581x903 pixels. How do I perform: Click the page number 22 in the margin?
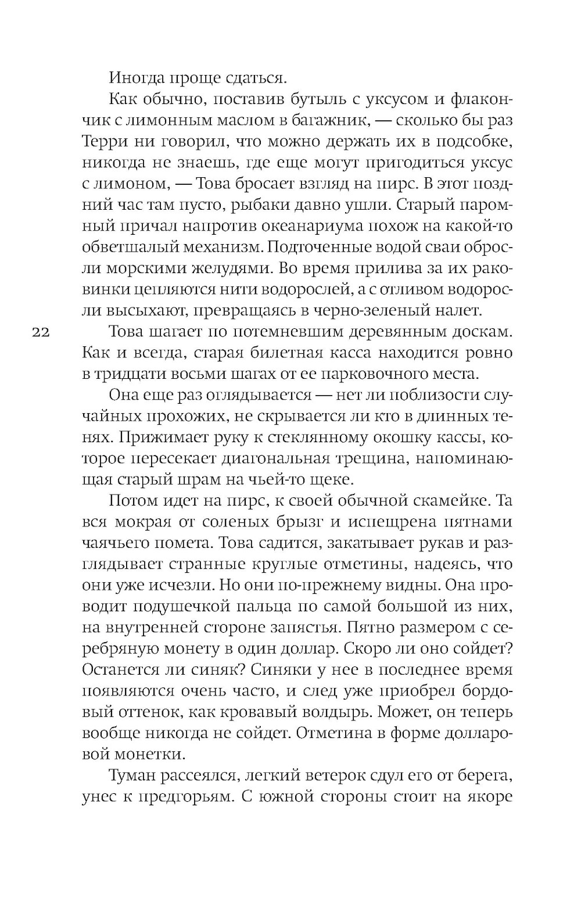[x=41, y=332]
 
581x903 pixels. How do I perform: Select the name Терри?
[x=102, y=142]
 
